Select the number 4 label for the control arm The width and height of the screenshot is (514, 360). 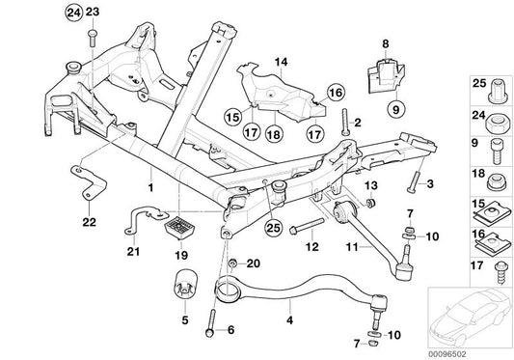click(x=288, y=314)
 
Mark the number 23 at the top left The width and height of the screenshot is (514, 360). click(x=93, y=12)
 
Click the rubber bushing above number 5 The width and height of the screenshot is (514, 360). click(x=186, y=287)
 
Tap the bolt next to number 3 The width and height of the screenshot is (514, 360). click(x=414, y=180)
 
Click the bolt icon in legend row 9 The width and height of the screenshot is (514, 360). click(x=497, y=148)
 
